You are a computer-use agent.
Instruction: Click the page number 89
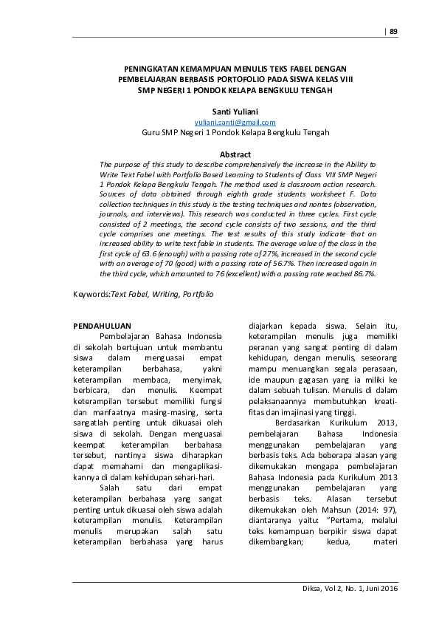pos(393,31)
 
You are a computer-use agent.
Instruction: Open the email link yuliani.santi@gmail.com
pos(235,122)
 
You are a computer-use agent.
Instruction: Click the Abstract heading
pos(235,154)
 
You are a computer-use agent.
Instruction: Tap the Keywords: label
pos(91,294)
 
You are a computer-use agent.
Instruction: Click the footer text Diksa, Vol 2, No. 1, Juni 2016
pos(345,588)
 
